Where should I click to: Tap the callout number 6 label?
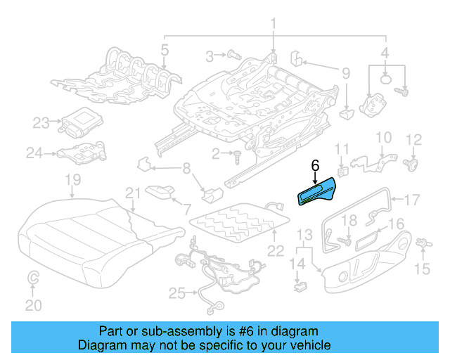[x=315, y=166]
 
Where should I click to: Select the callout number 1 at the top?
[x=273, y=27]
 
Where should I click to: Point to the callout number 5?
[x=164, y=50]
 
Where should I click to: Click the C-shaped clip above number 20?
[x=33, y=281]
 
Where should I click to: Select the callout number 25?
[x=174, y=292]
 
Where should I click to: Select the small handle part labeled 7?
[x=164, y=192]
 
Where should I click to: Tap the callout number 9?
[x=345, y=72]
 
